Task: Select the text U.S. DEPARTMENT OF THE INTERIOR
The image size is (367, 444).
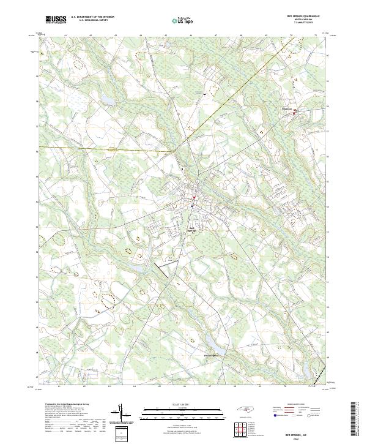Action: coord(92,17)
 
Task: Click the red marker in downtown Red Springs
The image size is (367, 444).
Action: coord(194,197)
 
